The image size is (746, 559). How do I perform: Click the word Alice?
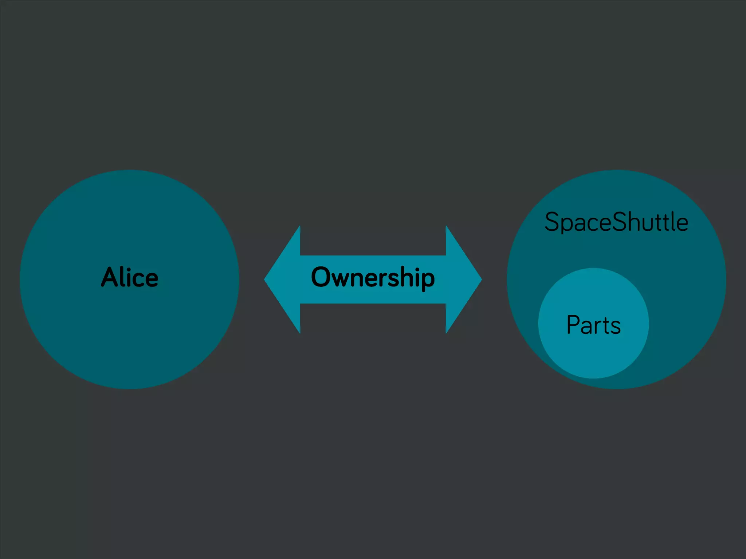pyautogui.click(x=129, y=277)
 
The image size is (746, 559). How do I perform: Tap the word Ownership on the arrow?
pyautogui.click(x=373, y=277)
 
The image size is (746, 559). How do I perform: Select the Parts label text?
pyautogui.click(x=593, y=325)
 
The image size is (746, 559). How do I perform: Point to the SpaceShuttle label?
pyautogui.click(x=616, y=222)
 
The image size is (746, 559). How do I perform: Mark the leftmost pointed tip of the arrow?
pyautogui.click(x=265, y=279)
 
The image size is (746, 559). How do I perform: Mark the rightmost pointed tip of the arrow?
pyautogui.click(x=481, y=279)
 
